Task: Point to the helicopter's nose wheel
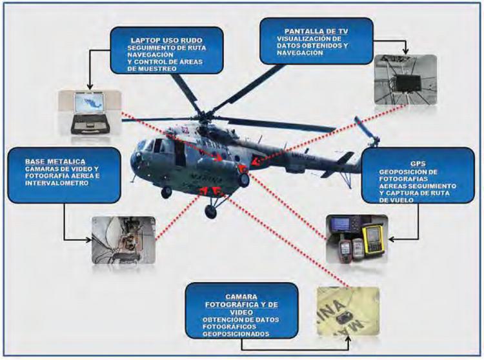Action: click(166, 192)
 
